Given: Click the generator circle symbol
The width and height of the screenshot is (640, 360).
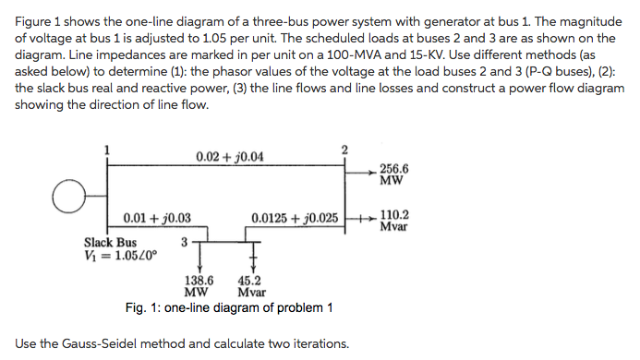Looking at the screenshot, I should pyautogui.click(x=66, y=195).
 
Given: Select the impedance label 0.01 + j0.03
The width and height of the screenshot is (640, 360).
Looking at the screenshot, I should pyautogui.click(x=157, y=219).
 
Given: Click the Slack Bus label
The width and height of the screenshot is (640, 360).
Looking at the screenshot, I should pyautogui.click(x=110, y=243).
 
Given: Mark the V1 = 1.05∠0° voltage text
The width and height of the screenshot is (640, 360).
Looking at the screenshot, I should pyautogui.click(x=118, y=256).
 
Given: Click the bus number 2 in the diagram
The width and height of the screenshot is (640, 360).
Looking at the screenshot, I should pyautogui.click(x=344, y=150).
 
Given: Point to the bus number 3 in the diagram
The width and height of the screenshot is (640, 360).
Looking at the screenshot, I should pyautogui.click(x=185, y=243).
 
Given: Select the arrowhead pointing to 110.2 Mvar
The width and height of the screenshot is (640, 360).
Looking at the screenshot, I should pyautogui.click(x=372, y=220).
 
